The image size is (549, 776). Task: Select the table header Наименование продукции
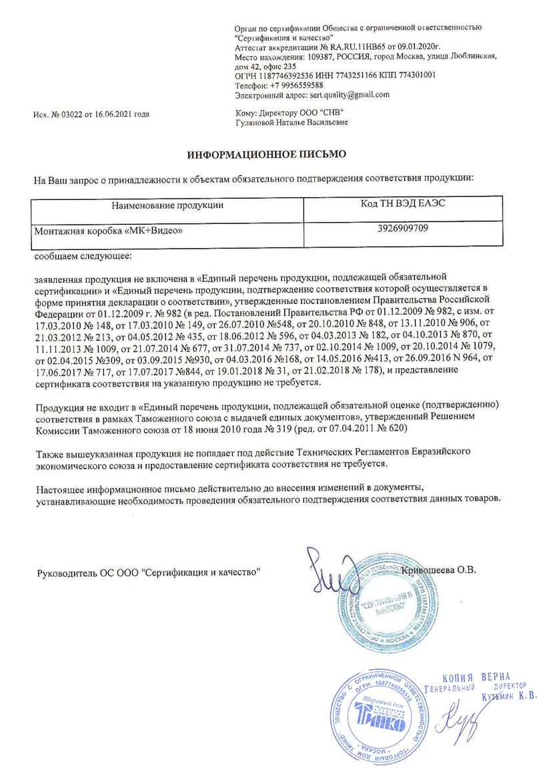(167, 205)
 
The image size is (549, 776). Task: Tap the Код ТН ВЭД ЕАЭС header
(402, 203)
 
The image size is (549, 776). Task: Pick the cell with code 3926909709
(402, 229)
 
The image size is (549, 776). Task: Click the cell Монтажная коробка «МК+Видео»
(108, 230)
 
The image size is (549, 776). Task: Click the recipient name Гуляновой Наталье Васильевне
(292, 123)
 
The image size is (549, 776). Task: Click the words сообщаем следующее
(83, 256)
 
